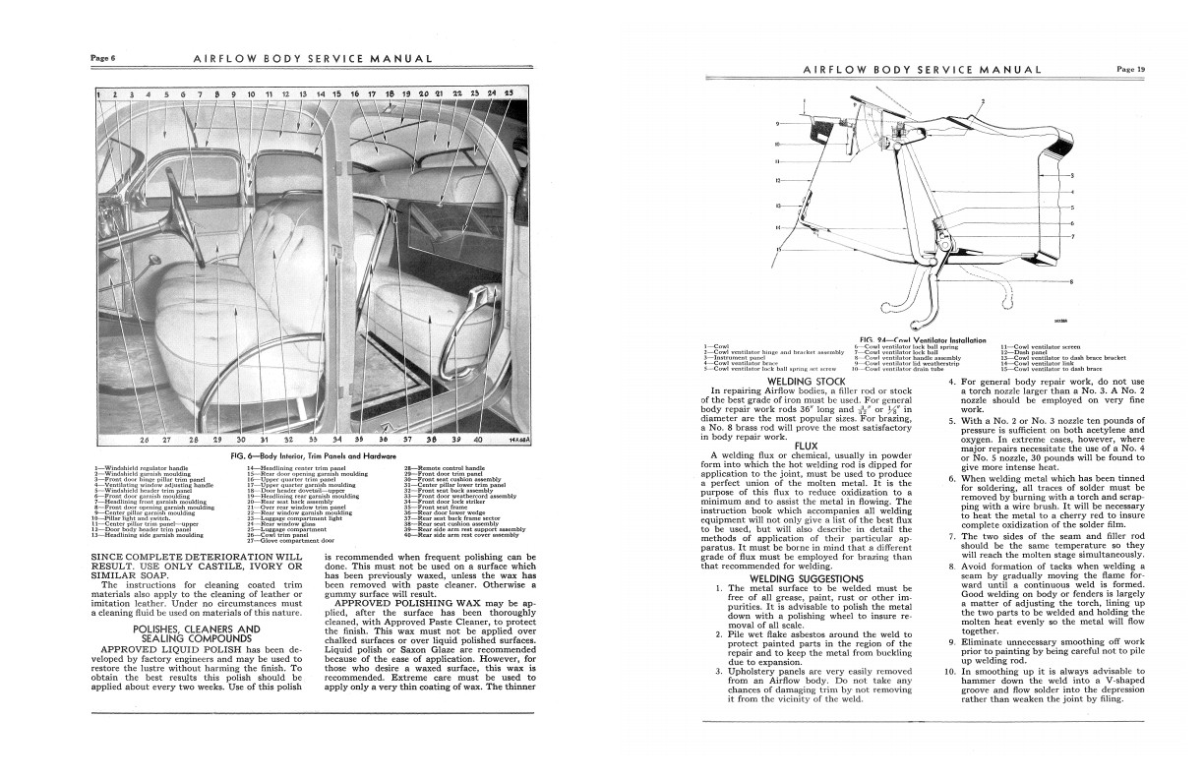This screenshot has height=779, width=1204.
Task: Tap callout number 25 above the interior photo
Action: (508, 93)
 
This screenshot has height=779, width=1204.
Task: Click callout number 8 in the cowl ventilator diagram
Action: (1070, 282)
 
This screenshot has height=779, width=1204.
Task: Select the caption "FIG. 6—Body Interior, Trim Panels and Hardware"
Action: (306, 457)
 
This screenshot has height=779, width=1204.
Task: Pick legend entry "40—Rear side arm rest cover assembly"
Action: (460, 535)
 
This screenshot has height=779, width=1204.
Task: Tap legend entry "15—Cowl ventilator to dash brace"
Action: (1050, 369)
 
